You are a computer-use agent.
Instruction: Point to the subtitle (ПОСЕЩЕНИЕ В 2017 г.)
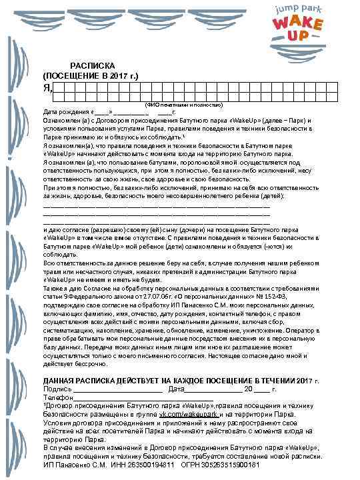[x=90, y=76]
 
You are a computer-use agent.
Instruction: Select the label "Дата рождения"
[x=64, y=112]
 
